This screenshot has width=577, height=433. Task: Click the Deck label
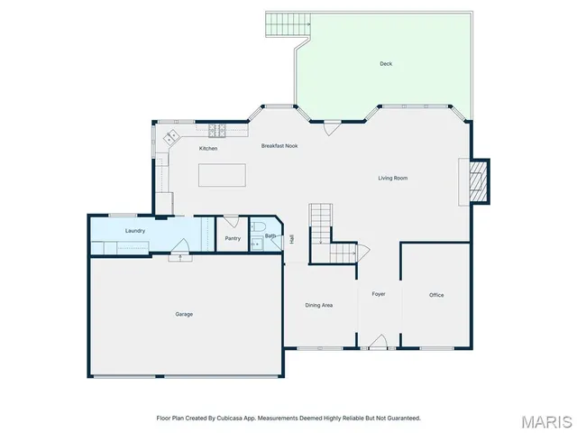pos(386,63)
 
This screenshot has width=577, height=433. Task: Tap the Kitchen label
pos(208,148)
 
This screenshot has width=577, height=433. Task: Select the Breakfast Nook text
pos(279,145)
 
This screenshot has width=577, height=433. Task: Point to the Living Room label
pos(393,178)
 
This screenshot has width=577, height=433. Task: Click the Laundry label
pos(135,231)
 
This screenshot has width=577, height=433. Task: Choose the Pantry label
pos(233,238)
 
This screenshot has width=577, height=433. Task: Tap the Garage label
pos(184,314)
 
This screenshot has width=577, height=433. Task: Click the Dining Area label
pos(319,305)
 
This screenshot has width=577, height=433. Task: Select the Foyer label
pos(379,294)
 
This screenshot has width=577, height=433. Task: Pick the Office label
pos(436,295)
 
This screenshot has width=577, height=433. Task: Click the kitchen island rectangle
pos(222,175)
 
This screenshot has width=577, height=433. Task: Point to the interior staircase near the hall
pos(322,225)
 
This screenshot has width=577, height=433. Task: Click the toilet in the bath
pos(256,227)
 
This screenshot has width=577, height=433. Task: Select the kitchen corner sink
pos(171,139)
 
